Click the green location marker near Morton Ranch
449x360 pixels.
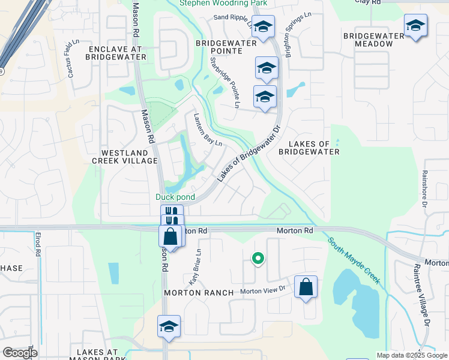[x=258, y=259]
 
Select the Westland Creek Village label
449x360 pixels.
[x=125, y=157]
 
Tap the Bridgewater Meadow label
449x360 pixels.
[x=374, y=40]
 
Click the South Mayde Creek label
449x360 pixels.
[x=354, y=261]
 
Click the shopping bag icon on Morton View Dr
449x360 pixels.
[x=306, y=287]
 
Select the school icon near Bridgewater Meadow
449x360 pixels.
[x=415, y=26]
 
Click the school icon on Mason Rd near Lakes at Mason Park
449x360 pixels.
[x=169, y=327]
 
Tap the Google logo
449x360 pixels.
[x=20, y=352]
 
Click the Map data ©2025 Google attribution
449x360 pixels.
[x=411, y=355]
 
